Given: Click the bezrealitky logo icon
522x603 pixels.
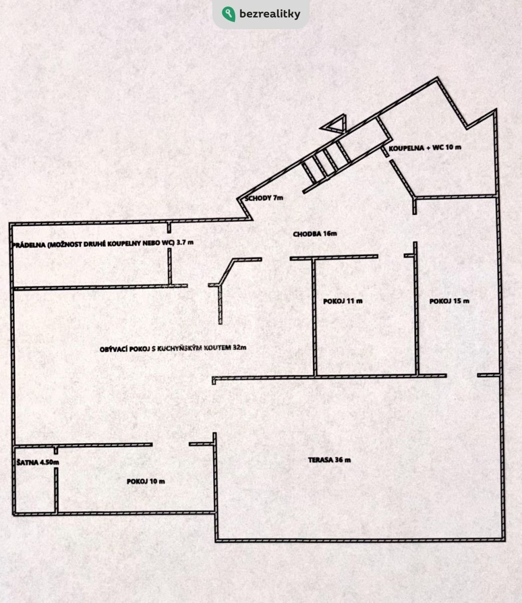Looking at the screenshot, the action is (228, 14).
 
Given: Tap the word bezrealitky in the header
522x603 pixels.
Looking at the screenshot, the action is (270, 14).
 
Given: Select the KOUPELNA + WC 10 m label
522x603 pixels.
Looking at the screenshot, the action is (425, 148).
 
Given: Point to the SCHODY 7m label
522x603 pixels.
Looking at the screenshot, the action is (264, 198).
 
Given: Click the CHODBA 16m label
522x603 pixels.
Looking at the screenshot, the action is (315, 234).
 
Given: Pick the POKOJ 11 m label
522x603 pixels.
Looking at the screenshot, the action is (343, 301).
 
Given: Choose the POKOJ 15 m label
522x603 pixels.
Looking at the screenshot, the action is (449, 301).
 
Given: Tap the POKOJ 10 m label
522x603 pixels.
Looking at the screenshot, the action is (146, 481).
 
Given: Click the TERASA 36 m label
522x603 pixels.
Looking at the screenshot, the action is (329, 460).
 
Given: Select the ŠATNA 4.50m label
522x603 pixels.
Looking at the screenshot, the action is (38, 462).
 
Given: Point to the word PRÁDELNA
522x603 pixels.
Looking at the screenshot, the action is (29, 245).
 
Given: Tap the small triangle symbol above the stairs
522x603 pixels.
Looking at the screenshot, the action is (334, 124).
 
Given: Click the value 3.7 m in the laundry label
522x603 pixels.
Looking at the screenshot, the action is (185, 242).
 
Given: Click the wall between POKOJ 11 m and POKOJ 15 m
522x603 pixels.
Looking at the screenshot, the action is (416, 309).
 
